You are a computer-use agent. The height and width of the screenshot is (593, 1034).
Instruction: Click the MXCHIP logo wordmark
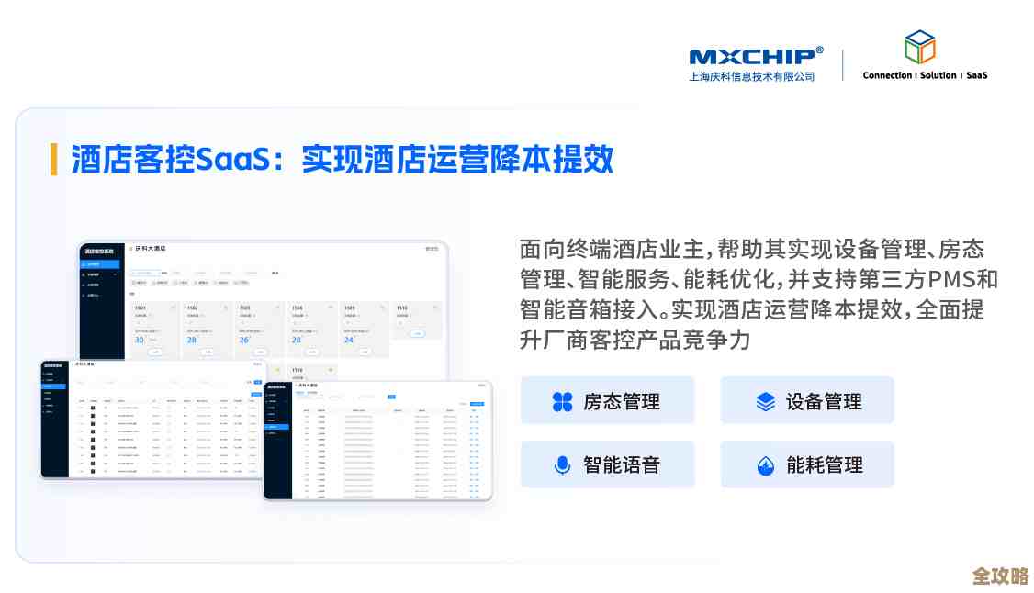[751, 56]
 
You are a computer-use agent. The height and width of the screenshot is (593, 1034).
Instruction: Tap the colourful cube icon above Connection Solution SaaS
[919, 47]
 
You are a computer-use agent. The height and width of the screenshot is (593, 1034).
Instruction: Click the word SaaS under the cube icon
[976, 75]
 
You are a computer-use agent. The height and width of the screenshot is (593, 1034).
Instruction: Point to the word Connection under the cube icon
[887, 75]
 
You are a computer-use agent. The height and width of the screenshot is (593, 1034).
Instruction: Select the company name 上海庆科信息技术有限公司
[751, 77]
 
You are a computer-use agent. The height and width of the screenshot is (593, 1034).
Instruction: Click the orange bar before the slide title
[53, 159]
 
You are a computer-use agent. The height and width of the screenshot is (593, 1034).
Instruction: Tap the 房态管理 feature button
[607, 401]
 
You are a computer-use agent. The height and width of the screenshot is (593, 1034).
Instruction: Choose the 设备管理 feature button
[807, 401]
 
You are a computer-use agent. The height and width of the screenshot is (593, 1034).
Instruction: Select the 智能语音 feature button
[607, 464]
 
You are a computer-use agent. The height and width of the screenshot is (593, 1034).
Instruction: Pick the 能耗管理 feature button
[807, 464]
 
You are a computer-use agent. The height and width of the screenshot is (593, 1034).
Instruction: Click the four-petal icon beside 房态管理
[563, 402]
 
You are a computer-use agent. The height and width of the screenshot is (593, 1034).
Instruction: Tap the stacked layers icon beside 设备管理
[766, 402]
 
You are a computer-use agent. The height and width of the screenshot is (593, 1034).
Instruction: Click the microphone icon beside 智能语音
[563, 465]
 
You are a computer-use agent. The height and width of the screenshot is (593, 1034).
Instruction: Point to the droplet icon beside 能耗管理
[766, 465]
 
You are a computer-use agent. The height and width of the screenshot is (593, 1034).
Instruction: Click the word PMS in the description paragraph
[952, 279]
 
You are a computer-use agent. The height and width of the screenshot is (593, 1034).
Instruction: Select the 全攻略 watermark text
[1001, 576]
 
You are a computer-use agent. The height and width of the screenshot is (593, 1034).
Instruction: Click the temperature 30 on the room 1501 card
[140, 340]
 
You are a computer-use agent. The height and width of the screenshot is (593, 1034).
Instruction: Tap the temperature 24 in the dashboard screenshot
[349, 340]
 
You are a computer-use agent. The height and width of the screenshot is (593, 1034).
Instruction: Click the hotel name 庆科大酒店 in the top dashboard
[151, 249]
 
